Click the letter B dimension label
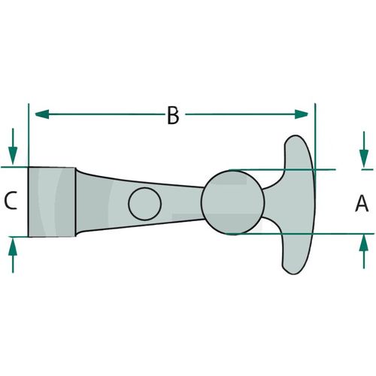point(173,115)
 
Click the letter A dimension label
point(362,204)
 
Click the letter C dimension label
point(11,200)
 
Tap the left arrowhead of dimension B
point(42,114)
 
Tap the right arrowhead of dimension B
point(301,114)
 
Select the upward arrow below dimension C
point(13,255)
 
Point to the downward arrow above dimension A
point(364,150)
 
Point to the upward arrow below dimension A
point(364,252)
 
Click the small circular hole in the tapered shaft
point(144,204)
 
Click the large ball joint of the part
point(232,202)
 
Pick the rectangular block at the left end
point(52,202)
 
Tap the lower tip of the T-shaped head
point(293,274)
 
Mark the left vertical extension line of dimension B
point(29,135)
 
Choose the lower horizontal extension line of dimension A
point(299,234)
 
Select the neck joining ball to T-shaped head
point(272,203)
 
